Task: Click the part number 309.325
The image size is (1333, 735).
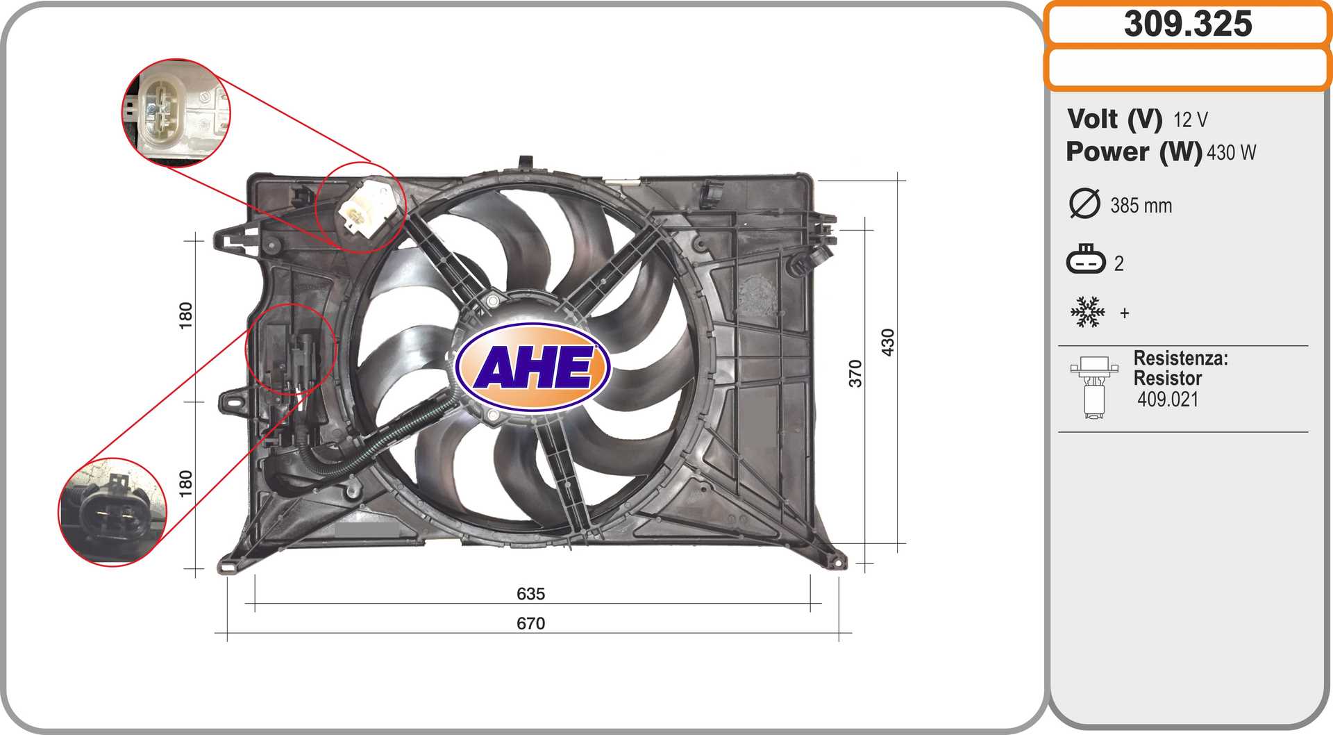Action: point(1188,24)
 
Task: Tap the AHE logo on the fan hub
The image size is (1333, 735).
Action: point(533,366)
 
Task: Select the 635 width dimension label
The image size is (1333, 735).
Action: point(530,593)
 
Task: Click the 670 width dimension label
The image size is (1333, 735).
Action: point(530,623)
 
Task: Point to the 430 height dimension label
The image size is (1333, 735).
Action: point(887,342)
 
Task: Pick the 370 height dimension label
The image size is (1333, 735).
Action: point(855,373)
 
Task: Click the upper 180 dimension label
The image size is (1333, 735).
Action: point(185,315)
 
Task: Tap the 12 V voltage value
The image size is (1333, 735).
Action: point(1191,120)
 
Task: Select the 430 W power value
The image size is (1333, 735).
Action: point(1231,152)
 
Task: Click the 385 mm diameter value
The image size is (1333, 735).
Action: point(1141,206)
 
